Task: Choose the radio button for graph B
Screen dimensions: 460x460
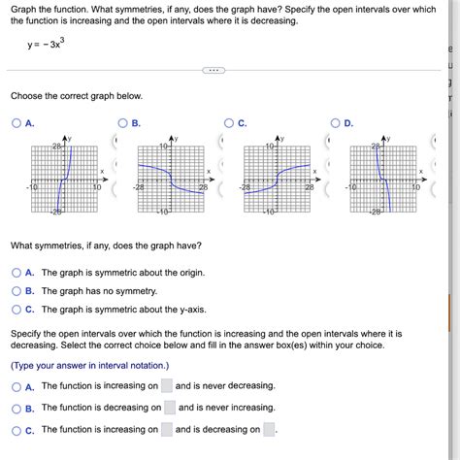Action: coord(122,123)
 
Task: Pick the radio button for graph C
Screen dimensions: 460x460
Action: coord(229,123)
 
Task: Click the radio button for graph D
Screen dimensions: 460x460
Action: coord(335,123)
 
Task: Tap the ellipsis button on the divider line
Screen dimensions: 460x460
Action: coord(214,71)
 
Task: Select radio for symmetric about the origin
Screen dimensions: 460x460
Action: coord(16,273)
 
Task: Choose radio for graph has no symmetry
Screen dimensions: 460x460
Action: coord(16,291)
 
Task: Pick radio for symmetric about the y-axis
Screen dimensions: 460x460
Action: coord(16,310)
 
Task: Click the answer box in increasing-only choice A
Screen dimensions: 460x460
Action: coord(168,386)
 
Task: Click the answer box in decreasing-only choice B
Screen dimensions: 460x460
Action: coord(170,408)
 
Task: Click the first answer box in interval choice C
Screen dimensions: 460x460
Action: coord(168,429)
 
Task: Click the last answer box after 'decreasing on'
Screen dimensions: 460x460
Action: coord(270,429)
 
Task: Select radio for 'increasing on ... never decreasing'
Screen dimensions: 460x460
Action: coord(16,386)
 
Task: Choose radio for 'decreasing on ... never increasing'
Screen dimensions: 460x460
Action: coord(16,408)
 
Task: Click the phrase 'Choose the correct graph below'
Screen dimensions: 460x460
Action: coord(76,96)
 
